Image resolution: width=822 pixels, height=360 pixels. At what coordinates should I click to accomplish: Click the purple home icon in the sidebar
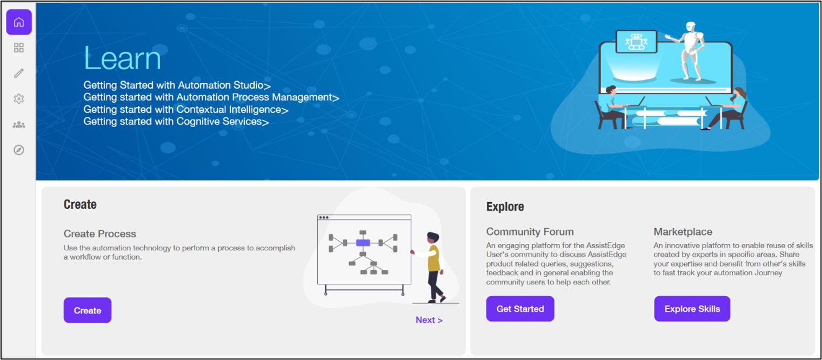pos(19,22)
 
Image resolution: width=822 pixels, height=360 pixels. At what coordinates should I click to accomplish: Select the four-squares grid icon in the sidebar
pos(19,48)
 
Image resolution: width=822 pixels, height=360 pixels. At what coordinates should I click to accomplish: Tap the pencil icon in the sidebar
pos(19,73)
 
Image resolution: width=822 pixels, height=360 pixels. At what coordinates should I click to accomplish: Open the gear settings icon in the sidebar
pos(19,99)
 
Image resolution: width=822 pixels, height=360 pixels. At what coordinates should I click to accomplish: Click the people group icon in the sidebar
pos(19,125)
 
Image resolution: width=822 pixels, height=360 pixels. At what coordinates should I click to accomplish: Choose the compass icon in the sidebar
pos(19,150)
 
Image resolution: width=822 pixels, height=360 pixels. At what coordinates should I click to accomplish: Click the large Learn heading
pos(122,58)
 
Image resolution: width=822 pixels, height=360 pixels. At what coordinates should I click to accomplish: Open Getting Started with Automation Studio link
pos(177,85)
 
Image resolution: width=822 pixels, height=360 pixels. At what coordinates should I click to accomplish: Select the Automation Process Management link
pos(211,97)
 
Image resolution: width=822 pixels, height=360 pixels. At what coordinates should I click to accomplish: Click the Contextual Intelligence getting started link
pos(186,109)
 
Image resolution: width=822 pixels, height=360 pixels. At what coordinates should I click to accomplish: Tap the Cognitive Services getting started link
pos(176,122)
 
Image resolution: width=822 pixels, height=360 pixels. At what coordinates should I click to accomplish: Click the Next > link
pos(429,320)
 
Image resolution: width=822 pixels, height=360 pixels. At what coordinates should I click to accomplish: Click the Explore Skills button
pos(692,309)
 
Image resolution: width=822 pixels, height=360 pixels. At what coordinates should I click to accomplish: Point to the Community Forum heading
pos(530,231)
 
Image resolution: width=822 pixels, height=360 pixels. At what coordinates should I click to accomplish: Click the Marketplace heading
pos(683,231)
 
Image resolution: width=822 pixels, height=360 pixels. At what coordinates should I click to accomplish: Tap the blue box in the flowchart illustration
pos(363,243)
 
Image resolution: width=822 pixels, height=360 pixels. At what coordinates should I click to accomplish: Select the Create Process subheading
pos(100,234)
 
